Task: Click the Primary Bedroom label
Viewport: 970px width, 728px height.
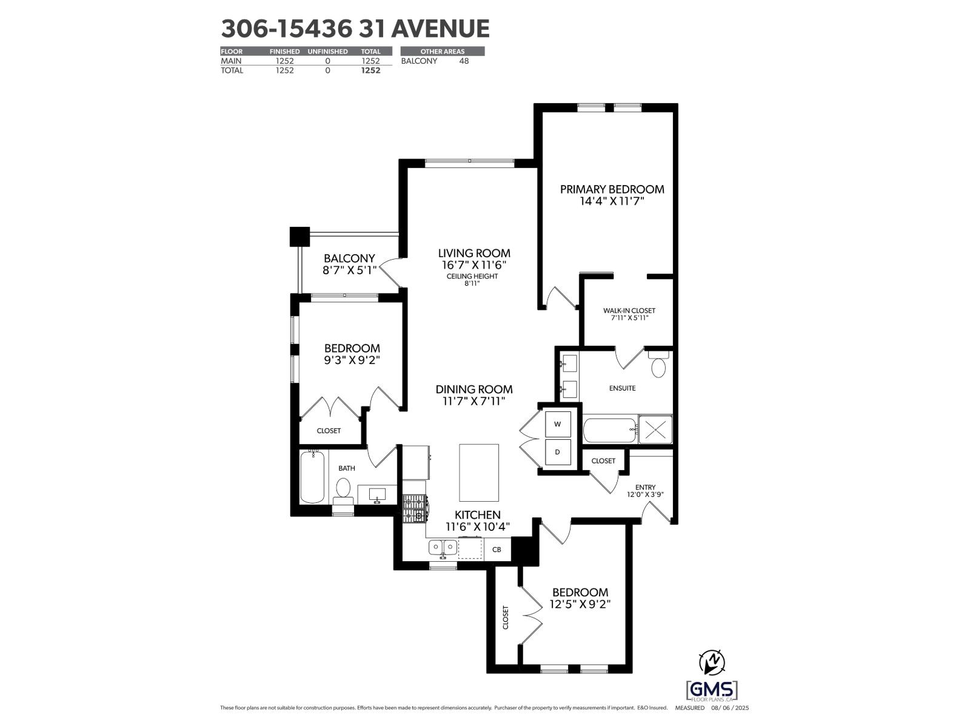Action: (612, 189)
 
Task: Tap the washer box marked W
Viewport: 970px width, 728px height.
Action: (558, 424)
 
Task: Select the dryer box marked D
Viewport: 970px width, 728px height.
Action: (558, 453)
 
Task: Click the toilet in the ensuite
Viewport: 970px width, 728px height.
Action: (658, 366)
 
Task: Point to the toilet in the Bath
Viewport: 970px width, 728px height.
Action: (343, 489)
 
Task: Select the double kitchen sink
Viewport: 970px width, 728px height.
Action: (443, 548)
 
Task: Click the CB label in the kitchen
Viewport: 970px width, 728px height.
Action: (497, 550)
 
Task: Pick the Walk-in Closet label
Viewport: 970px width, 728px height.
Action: (629, 311)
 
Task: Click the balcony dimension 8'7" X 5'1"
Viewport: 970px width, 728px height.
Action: (349, 271)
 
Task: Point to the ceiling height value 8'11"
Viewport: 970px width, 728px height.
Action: (472, 283)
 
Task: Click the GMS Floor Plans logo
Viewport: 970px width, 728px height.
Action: (712, 690)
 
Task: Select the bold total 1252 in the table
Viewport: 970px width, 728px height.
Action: (370, 70)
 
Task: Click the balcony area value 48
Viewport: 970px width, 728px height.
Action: (464, 61)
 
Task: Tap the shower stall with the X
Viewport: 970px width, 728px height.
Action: (655, 430)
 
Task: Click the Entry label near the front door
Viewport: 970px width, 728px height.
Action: (645, 487)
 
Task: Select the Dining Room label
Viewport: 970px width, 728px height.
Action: (474, 389)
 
